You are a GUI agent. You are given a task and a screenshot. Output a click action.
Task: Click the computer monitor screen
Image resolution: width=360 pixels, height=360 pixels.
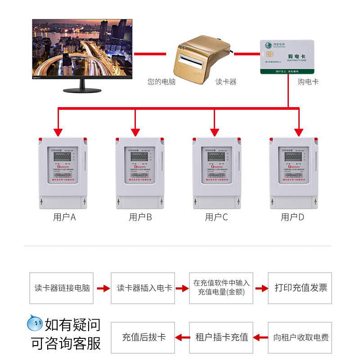pyautogui.click(x=82, y=48)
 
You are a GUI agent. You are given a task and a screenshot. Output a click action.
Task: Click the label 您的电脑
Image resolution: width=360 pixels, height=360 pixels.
pyautogui.click(x=162, y=82)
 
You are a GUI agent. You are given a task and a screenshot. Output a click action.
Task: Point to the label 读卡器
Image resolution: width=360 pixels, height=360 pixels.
pyautogui.click(x=226, y=82)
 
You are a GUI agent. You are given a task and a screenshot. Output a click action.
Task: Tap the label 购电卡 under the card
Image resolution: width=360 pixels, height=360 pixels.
pyautogui.click(x=308, y=82)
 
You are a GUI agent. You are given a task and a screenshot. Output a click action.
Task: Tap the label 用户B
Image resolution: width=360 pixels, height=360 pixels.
pyautogui.click(x=140, y=218)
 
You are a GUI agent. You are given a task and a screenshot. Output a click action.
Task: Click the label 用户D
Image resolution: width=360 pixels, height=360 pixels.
pyautogui.click(x=292, y=218)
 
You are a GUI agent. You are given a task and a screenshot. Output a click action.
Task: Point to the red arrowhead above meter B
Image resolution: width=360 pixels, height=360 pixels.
pyautogui.click(x=135, y=132)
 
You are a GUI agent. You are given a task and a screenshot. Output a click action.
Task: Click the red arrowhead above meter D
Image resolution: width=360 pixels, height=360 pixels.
pyautogui.click(x=299, y=132)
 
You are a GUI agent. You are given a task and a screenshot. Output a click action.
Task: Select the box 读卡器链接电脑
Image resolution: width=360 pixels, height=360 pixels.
pyautogui.click(x=62, y=288)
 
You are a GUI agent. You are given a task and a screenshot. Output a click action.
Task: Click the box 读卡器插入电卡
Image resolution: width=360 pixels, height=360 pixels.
pyautogui.click(x=144, y=288)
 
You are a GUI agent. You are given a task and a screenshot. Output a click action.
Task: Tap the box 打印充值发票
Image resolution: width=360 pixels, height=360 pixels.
pyautogui.click(x=301, y=288)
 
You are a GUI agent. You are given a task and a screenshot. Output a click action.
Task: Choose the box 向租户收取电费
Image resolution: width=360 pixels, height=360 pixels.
pyautogui.click(x=301, y=337)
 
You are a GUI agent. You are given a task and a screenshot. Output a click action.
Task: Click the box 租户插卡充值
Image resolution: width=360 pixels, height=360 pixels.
pyautogui.click(x=221, y=337)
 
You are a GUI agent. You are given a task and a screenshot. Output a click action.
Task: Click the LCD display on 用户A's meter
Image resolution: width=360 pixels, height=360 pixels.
pyautogui.click(x=62, y=156)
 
